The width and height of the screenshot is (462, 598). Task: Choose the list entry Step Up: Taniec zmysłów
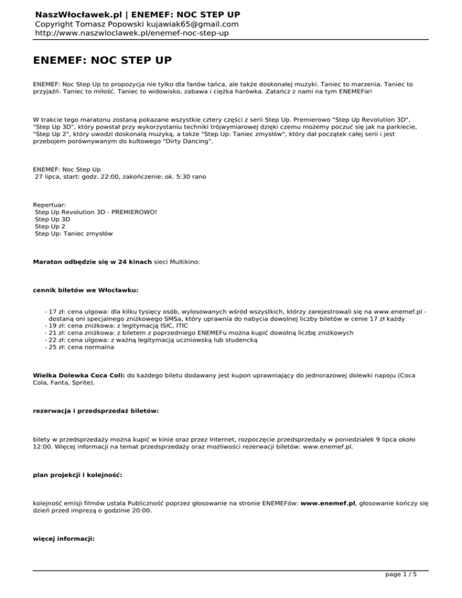coord(74,233)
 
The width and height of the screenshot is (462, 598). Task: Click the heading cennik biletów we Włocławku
coord(86,289)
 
